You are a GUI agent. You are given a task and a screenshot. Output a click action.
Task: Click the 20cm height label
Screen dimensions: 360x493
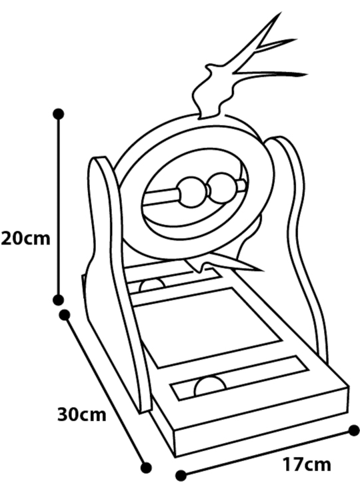(26, 239)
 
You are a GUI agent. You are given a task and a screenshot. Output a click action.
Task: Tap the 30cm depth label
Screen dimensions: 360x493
(82, 414)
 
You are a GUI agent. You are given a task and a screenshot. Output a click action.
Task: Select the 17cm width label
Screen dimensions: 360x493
(307, 464)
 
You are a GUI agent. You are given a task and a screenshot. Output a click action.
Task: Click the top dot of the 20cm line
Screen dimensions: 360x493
(59, 114)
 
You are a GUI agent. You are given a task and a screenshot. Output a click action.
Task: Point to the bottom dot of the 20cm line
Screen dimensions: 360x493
(58, 300)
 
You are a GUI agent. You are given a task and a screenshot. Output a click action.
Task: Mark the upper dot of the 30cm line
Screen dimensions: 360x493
(65, 314)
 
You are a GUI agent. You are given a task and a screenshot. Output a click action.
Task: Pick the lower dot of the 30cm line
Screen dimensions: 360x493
(146, 467)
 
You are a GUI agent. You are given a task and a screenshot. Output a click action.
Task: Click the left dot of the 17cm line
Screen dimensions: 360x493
(181, 476)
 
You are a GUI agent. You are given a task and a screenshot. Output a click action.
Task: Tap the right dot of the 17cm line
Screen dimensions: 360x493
(355, 430)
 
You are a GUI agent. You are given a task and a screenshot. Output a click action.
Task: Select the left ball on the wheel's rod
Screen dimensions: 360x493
(192, 193)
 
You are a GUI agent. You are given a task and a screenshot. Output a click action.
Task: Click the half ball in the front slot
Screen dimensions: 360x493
(210, 386)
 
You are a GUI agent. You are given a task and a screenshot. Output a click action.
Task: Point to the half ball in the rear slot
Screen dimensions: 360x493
(152, 284)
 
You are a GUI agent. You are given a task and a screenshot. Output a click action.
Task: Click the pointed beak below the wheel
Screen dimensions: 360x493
(227, 263)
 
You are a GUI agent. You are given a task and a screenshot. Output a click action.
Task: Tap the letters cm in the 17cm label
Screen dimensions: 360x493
(318, 466)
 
